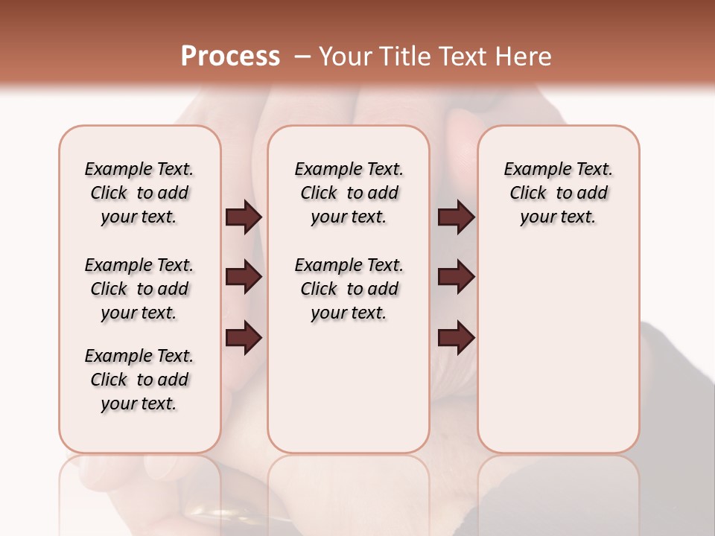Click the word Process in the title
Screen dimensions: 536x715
pos(230,57)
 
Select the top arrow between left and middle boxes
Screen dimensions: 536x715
pos(244,217)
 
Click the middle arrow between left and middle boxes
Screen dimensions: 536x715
pos(244,277)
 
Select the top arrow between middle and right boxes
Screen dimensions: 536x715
pos(456,217)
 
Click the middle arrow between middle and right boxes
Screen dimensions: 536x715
pos(456,277)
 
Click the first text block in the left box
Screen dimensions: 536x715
pos(139,193)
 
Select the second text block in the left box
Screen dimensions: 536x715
pos(139,289)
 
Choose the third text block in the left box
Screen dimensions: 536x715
pos(139,380)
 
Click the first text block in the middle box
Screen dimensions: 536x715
pos(349,193)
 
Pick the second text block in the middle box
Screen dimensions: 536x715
pos(349,289)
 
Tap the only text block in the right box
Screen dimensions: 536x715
pos(558,193)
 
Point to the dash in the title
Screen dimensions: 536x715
pos(301,57)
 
